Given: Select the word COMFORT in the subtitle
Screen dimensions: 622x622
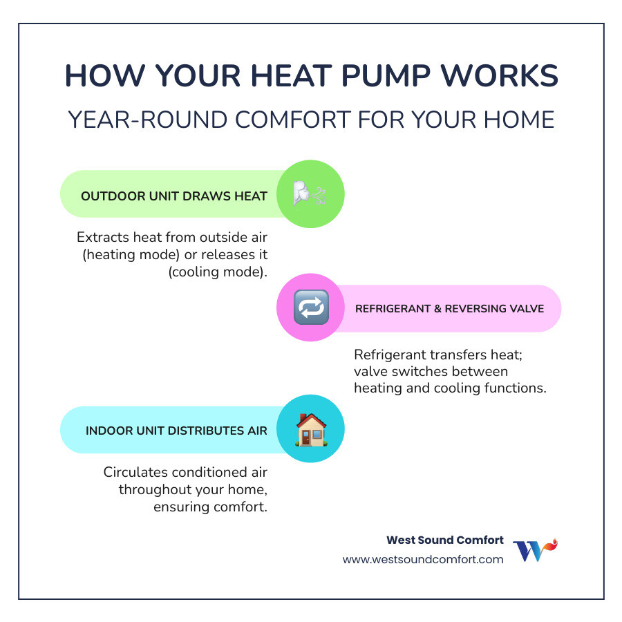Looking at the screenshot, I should point(302,120).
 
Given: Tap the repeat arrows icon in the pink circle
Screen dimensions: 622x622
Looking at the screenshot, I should point(311,308).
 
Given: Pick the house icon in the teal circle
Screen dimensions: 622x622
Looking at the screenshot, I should point(310,429).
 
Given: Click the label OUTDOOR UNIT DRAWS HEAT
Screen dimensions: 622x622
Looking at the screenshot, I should point(174,196).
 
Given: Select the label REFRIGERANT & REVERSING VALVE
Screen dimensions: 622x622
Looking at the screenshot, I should point(449,308).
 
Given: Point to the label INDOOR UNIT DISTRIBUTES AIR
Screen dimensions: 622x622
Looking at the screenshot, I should point(176,431).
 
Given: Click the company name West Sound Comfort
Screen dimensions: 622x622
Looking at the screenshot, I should point(444,540).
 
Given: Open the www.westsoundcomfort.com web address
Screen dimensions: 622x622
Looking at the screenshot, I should point(423,560).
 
